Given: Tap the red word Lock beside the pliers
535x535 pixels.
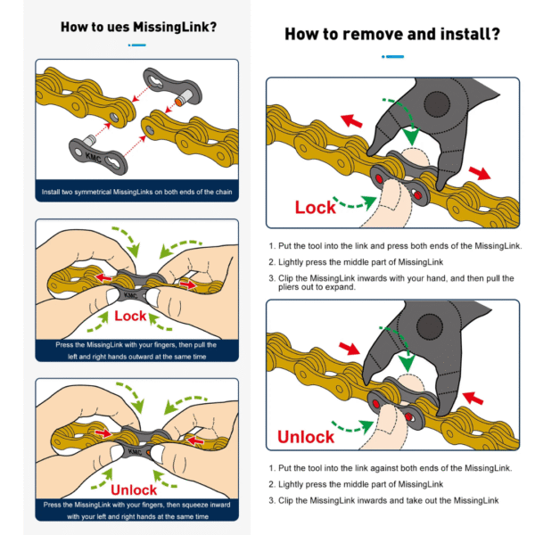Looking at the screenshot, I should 316,207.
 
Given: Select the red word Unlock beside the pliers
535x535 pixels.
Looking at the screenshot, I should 306,436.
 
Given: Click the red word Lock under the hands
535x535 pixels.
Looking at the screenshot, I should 130,316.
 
